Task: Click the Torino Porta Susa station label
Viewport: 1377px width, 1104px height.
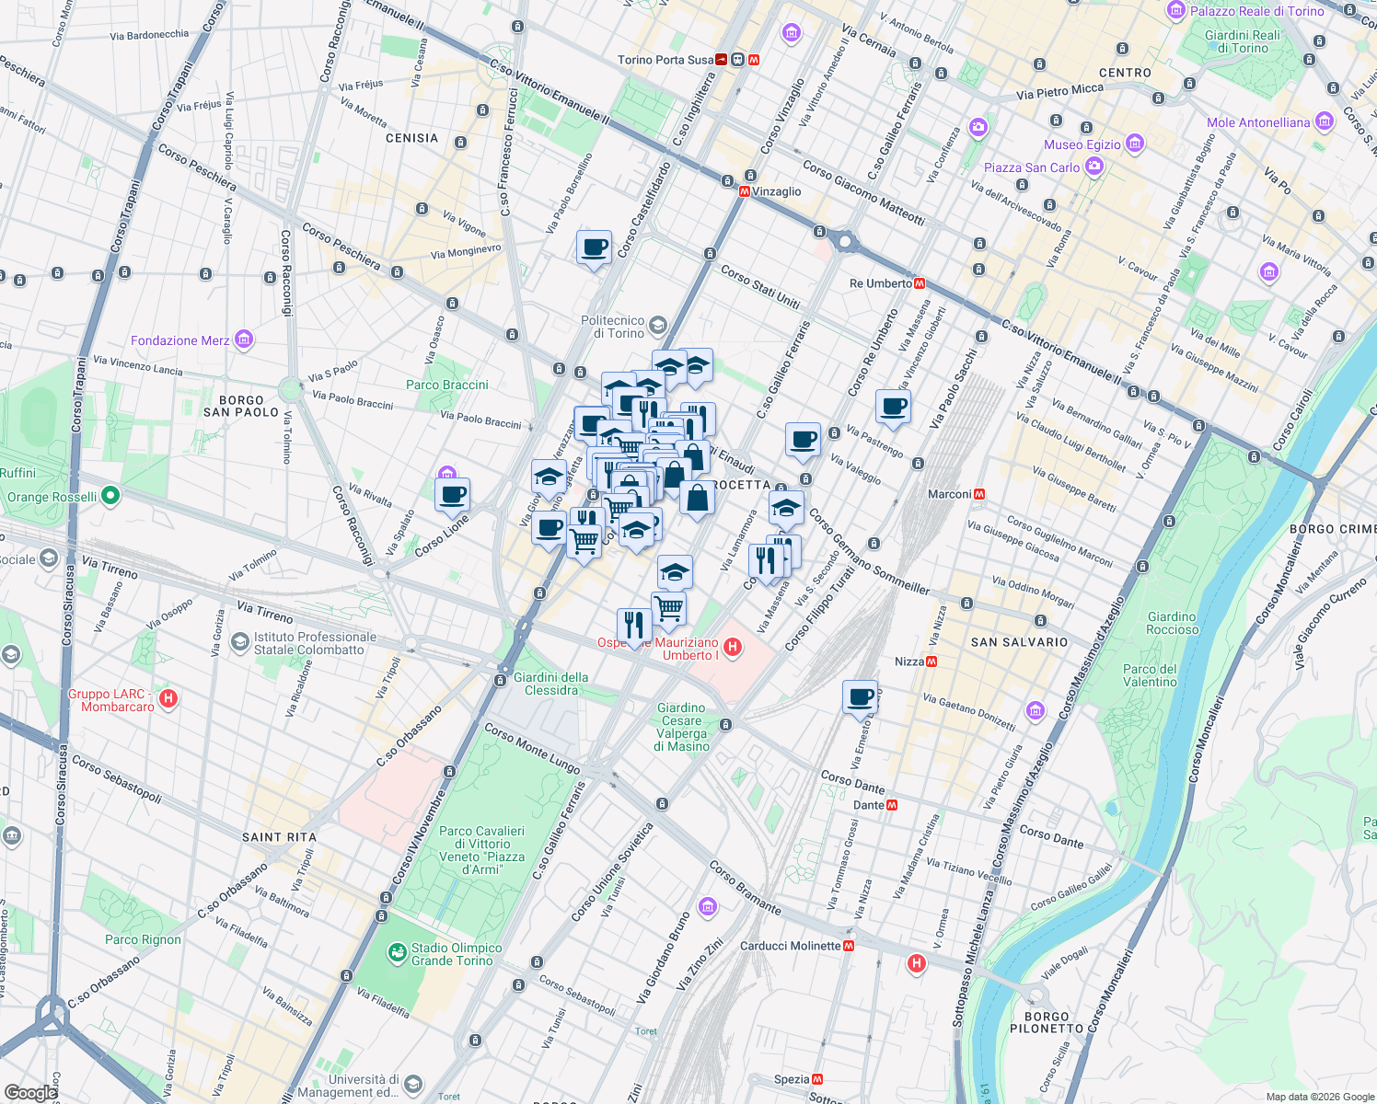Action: tap(665, 60)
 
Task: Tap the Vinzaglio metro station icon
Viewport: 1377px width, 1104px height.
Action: tap(745, 191)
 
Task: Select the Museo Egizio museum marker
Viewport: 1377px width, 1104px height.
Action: tap(1135, 144)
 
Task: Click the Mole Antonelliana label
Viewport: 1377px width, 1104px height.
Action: tap(1258, 122)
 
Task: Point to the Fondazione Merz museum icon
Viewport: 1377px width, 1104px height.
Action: tap(244, 340)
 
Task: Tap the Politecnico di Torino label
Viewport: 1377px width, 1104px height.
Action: tap(613, 327)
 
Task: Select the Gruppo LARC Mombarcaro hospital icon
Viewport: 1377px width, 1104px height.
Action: tap(168, 699)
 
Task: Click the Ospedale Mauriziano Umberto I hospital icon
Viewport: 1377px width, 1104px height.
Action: tap(733, 648)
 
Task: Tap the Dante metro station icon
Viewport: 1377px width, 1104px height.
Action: tap(891, 805)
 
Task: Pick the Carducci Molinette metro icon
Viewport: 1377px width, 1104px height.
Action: tap(849, 946)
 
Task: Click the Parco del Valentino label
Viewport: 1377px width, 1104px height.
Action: tap(1150, 675)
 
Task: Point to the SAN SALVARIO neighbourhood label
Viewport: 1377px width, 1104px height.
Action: tap(1019, 642)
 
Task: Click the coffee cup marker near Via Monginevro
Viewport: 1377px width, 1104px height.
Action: tap(594, 248)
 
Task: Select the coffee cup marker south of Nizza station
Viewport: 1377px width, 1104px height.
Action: tap(861, 696)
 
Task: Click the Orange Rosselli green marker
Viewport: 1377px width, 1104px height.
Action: tap(110, 496)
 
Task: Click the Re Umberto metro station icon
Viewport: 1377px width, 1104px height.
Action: tap(920, 283)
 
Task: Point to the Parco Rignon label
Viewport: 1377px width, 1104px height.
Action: tap(143, 939)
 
